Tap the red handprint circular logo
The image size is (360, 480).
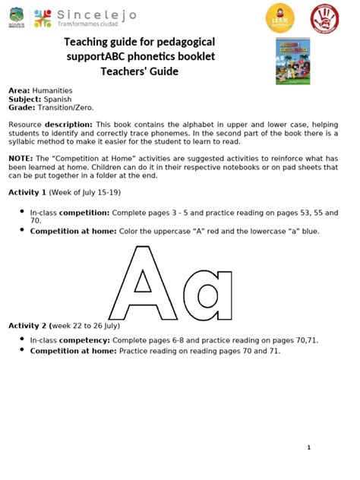point(325,17)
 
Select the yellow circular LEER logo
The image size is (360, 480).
point(279,17)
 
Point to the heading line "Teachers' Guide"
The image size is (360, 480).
point(140,71)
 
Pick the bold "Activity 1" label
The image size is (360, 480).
point(27,192)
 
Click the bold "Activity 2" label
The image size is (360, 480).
point(27,325)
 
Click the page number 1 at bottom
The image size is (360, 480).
point(309,447)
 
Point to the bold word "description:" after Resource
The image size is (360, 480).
point(68,124)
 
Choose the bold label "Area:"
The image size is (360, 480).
point(19,90)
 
